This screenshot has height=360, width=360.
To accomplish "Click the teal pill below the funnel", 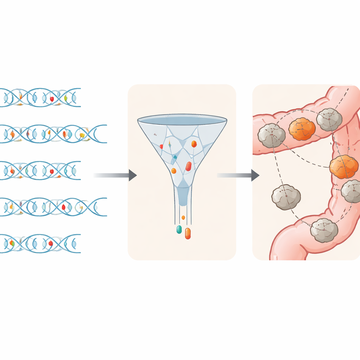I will (x=179, y=230).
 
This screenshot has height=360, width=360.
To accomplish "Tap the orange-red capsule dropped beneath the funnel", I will (x=188, y=233).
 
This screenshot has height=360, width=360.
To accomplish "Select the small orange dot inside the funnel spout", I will (x=183, y=217).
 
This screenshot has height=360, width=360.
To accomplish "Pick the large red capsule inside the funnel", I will (x=188, y=166).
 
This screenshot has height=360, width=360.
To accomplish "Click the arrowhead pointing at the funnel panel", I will (x=133, y=175).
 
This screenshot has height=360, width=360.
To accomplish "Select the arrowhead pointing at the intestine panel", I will (x=255, y=175).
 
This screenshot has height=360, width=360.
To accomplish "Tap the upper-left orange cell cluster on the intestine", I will (x=302, y=129).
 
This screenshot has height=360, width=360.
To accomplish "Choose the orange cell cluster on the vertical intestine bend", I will (x=344, y=167).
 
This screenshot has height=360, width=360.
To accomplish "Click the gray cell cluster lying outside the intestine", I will (x=286, y=197).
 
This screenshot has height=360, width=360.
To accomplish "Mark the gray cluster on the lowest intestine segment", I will (x=324, y=230).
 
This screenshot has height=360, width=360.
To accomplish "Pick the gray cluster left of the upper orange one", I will (x=271, y=135).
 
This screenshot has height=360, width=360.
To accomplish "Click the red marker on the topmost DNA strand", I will (x=52, y=99).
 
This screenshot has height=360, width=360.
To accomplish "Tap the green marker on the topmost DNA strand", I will (x=66, y=98).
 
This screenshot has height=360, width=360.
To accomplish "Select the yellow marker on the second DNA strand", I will (x=82, y=135).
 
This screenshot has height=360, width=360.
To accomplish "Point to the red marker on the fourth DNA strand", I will (x=64, y=207).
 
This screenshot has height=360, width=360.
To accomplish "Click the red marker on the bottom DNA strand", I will (x=51, y=243).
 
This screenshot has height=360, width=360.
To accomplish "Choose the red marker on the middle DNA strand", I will (x=52, y=171).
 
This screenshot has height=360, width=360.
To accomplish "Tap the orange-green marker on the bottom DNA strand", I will (x=12, y=243).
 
